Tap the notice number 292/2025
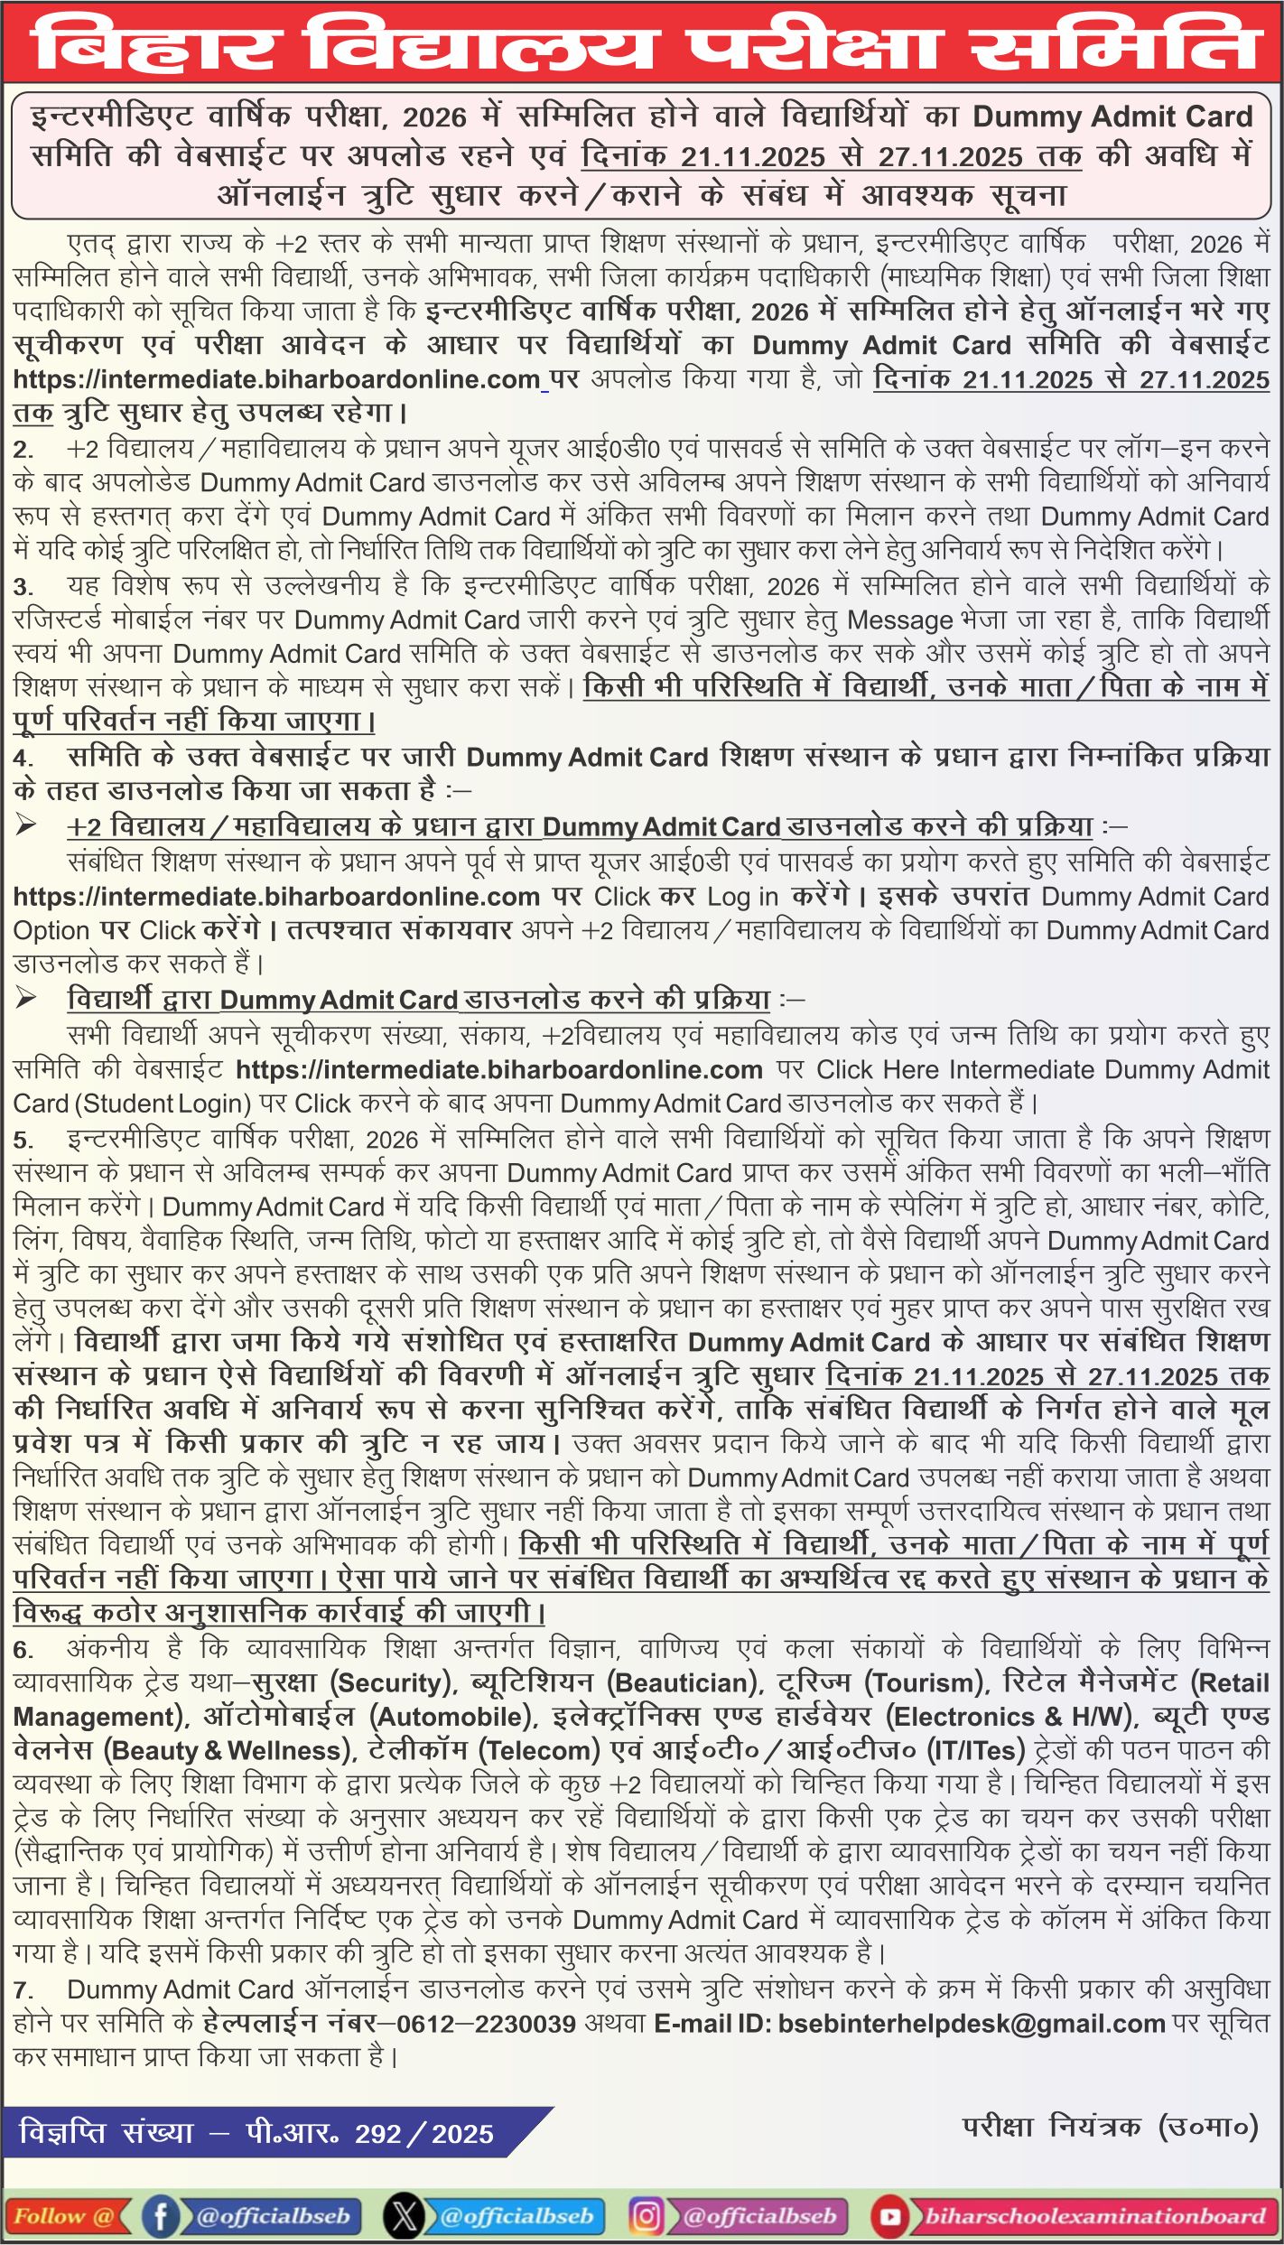click(424, 2133)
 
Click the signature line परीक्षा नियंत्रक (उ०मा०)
click(1110, 2126)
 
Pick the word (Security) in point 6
click(391, 1683)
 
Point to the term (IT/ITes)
click(976, 1751)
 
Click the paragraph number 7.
click(24, 1989)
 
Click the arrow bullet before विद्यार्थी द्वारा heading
click(26, 998)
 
